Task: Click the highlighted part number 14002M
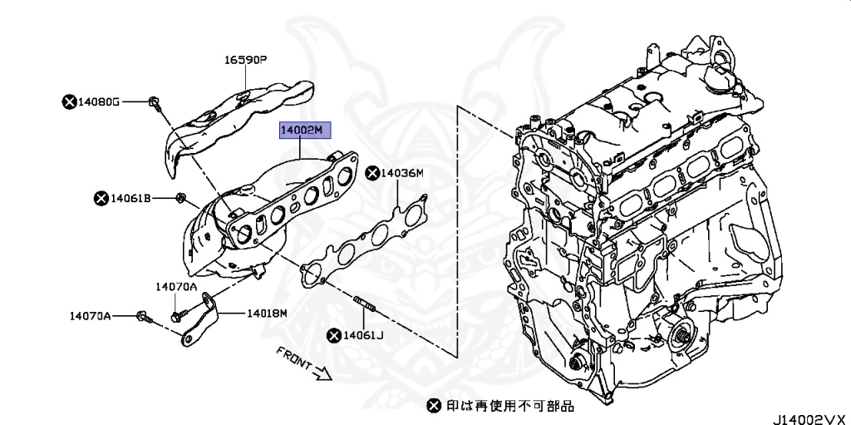coord(305,131)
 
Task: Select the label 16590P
coord(244,60)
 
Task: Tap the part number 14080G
coord(99,101)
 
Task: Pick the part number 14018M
coord(266,314)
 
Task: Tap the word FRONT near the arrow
coord(293,358)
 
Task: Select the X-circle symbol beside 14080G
coord(69,101)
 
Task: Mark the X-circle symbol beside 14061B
coord(101,198)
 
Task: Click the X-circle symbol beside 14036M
coord(371,173)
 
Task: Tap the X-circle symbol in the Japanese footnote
coord(433,406)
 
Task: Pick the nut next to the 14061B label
coord(180,198)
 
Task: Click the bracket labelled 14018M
coord(201,320)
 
